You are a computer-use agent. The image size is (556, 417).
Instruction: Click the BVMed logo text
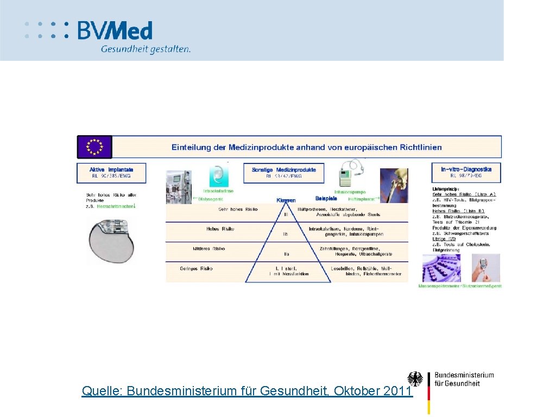pyautogui.click(x=115, y=30)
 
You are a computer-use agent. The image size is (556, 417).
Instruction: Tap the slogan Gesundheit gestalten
pyautogui.click(x=146, y=49)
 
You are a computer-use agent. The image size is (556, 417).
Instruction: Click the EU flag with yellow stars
pyautogui.click(x=94, y=147)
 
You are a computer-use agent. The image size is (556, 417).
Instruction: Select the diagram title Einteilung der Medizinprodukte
pyautogui.click(x=306, y=147)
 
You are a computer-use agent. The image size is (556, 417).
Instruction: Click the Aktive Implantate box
pyautogui.click(x=111, y=172)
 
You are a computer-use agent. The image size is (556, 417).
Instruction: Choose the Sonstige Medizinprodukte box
pyautogui.click(x=283, y=172)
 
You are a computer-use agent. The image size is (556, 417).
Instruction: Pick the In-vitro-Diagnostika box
pyautogui.click(x=466, y=172)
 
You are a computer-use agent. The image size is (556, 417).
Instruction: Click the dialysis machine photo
pyautogui.click(x=179, y=187)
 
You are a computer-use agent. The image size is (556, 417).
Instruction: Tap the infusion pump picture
pyautogui.click(x=351, y=174)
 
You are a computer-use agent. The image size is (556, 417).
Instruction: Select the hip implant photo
pyautogui.click(x=394, y=185)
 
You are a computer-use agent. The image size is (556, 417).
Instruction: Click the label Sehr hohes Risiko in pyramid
pyautogui.click(x=238, y=209)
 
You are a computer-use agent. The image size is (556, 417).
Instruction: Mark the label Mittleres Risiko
pyautogui.click(x=208, y=249)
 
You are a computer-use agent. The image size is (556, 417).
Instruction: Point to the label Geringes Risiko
pyautogui.click(x=196, y=268)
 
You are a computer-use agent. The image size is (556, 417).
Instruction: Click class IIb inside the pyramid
pyautogui.click(x=286, y=234)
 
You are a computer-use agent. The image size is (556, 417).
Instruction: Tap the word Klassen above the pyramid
pyautogui.click(x=286, y=200)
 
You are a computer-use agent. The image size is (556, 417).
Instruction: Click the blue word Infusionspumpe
pyautogui.click(x=350, y=192)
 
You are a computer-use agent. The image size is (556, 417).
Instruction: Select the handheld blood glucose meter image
pyautogui.click(x=483, y=267)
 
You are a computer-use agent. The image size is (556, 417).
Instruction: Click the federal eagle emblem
pyautogui.click(x=415, y=379)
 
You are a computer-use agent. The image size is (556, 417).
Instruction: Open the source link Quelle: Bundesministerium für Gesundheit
pyautogui.click(x=247, y=390)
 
